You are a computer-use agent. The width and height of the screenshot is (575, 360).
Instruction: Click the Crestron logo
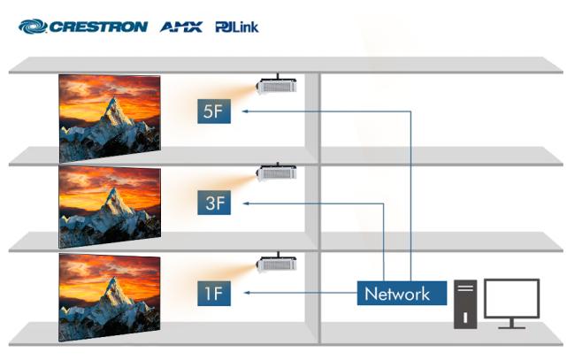coord(83,27)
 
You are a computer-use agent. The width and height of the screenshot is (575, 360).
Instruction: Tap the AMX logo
coord(181,27)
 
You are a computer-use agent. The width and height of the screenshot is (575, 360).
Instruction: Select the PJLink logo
coord(237,27)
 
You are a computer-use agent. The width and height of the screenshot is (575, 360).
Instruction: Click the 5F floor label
coord(214,111)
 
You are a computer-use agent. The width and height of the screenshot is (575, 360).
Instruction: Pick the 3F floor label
coord(214,203)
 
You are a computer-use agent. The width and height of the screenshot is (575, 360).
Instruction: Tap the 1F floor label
coord(214,294)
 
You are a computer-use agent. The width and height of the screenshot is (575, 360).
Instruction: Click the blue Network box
coord(402,294)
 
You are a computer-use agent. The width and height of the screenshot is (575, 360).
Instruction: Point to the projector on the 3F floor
coord(276,172)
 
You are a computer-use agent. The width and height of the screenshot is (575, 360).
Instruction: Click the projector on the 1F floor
coord(276,263)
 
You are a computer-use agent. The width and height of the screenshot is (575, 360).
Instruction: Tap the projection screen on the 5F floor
coord(110,119)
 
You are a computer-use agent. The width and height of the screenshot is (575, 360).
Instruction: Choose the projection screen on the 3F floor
coord(110,207)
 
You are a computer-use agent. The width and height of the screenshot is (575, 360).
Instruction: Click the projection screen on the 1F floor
coord(110,297)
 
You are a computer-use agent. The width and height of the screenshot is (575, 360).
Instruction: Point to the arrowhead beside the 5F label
coord(245,111)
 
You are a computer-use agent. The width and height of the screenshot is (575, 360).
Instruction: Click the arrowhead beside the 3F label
coord(247,203)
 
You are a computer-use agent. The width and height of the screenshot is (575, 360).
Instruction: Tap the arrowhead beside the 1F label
coord(247,293)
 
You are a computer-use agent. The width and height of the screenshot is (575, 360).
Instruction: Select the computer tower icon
coord(465,304)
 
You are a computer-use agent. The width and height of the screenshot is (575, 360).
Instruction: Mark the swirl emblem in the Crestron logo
coord(33,27)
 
